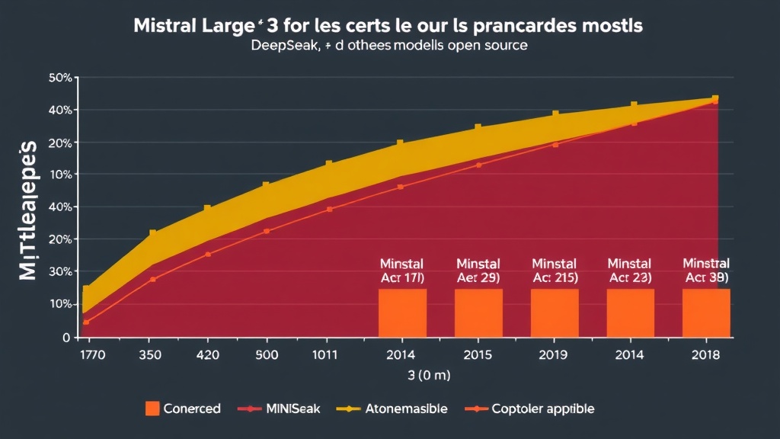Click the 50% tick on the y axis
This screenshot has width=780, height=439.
(59, 78)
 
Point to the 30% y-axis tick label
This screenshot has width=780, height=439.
(59, 272)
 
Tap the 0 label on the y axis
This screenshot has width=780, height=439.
(66, 337)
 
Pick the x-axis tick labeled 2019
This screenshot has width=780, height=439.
(555, 354)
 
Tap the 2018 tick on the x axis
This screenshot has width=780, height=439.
(706, 354)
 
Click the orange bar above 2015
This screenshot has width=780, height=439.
(478, 312)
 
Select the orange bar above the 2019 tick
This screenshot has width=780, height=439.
(555, 312)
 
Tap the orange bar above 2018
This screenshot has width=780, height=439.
(706, 312)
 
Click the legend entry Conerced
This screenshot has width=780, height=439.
(183, 409)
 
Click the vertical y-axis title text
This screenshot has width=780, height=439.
(28, 210)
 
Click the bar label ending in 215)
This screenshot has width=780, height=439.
(555, 278)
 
